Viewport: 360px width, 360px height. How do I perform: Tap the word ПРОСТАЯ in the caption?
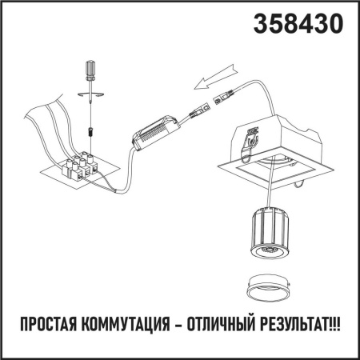[53, 326]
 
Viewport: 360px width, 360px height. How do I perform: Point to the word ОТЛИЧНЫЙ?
[223, 326]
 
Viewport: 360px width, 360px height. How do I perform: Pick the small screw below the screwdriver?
[90, 126]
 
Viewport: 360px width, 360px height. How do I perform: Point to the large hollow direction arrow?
[212, 80]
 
